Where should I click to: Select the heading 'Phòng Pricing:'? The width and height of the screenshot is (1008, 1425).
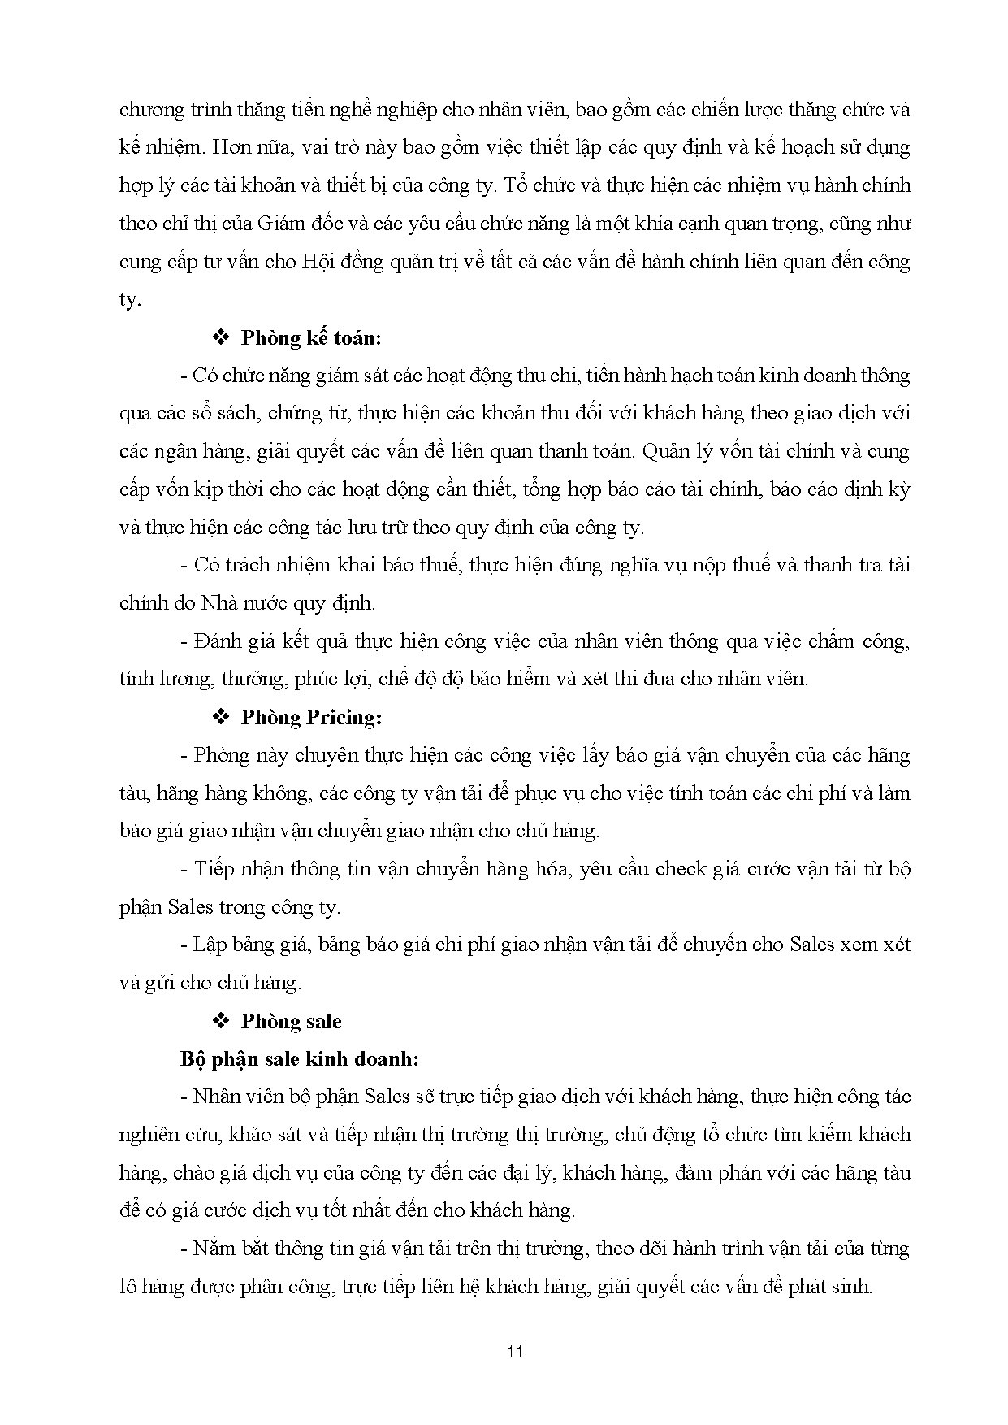(311, 717)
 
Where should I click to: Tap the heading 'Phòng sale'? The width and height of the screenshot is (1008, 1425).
(291, 1021)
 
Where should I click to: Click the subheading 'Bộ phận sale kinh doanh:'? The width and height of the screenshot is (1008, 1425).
(300, 1059)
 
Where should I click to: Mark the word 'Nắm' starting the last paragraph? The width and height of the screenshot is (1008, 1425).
(211, 1249)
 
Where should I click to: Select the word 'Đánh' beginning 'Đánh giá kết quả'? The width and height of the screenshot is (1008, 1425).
(215, 641)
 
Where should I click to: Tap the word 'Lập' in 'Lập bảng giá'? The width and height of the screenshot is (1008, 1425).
(209, 945)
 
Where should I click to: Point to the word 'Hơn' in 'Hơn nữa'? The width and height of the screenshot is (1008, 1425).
(254, 148)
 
